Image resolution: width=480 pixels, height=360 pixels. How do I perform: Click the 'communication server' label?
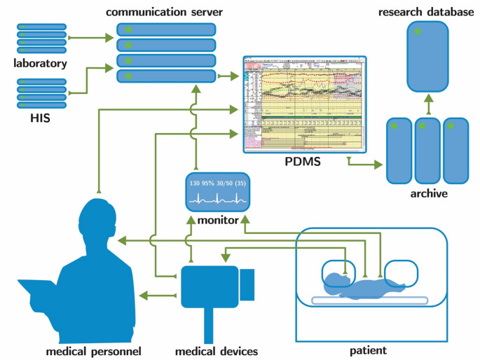point(165,13)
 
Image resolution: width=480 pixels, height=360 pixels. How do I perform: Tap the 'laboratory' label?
point(40,64)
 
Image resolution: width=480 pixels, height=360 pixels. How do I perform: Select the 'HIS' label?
point(40,119)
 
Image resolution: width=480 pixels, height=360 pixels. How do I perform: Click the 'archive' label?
point(427,193)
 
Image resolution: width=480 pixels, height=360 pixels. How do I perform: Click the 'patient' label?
point(370,349)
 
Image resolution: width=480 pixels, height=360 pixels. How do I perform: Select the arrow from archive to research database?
point(427,103)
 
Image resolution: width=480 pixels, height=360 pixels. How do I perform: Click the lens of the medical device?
point(247,282)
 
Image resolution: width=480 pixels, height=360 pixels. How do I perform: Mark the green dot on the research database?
point(417,32)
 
